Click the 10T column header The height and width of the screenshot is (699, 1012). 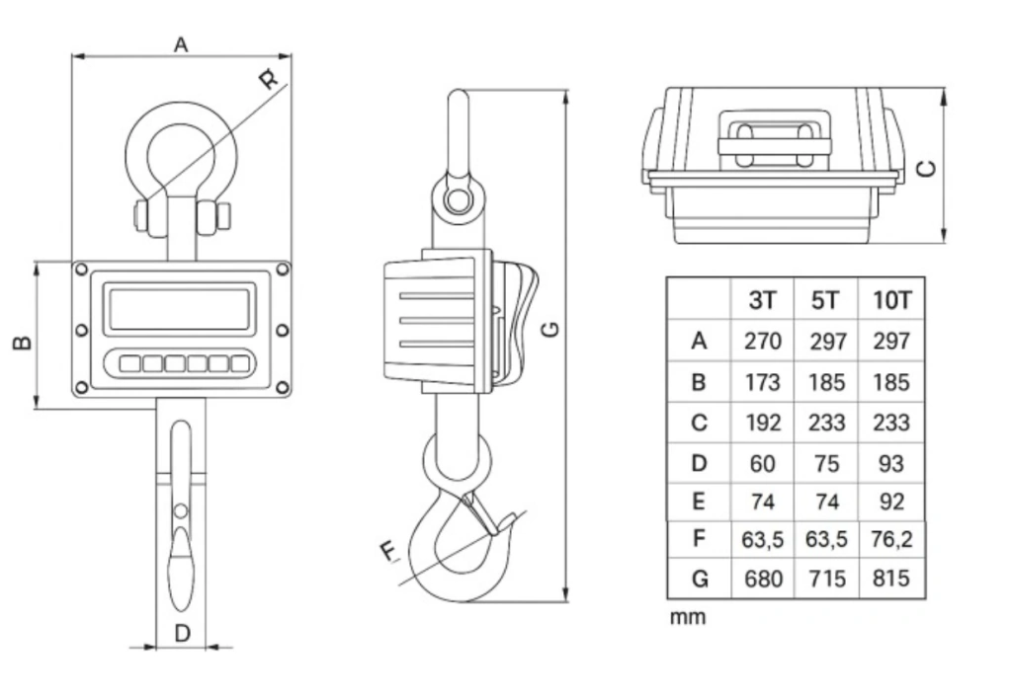click(x=892, y=300)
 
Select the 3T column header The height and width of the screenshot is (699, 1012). click(x=762, y=300)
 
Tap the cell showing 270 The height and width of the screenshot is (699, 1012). click(x=762, y=341)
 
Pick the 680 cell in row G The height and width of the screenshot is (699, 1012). click(x=763, y=579)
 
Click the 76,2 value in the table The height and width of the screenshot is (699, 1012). click(x=892, y=538)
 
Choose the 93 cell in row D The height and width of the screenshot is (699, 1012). click(x=891, y=463)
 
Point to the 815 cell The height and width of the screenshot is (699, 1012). click(x=891, y=579)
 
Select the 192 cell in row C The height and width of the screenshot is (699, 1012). click(x=763, y=423)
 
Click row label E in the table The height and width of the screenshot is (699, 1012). click(x=699, y=501)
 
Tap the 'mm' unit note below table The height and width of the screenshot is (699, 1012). click(x=688, y=617)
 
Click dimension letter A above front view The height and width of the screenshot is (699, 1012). click(x=182, y=44)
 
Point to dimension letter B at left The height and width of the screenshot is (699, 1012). click(x=23, y=342)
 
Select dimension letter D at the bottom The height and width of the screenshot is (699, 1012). click(x=183, y=633)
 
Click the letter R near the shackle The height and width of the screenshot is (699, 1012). click(x=269, y=79)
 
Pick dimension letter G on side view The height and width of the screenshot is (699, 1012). click(x=550, y=329)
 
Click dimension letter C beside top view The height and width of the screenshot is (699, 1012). click(x=927, y=169)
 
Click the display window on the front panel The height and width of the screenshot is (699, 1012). click(x=180, y=309)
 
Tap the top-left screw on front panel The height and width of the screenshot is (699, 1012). click(x=81, y=269)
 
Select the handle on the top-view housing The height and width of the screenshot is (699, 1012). click(x=775, y=139)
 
